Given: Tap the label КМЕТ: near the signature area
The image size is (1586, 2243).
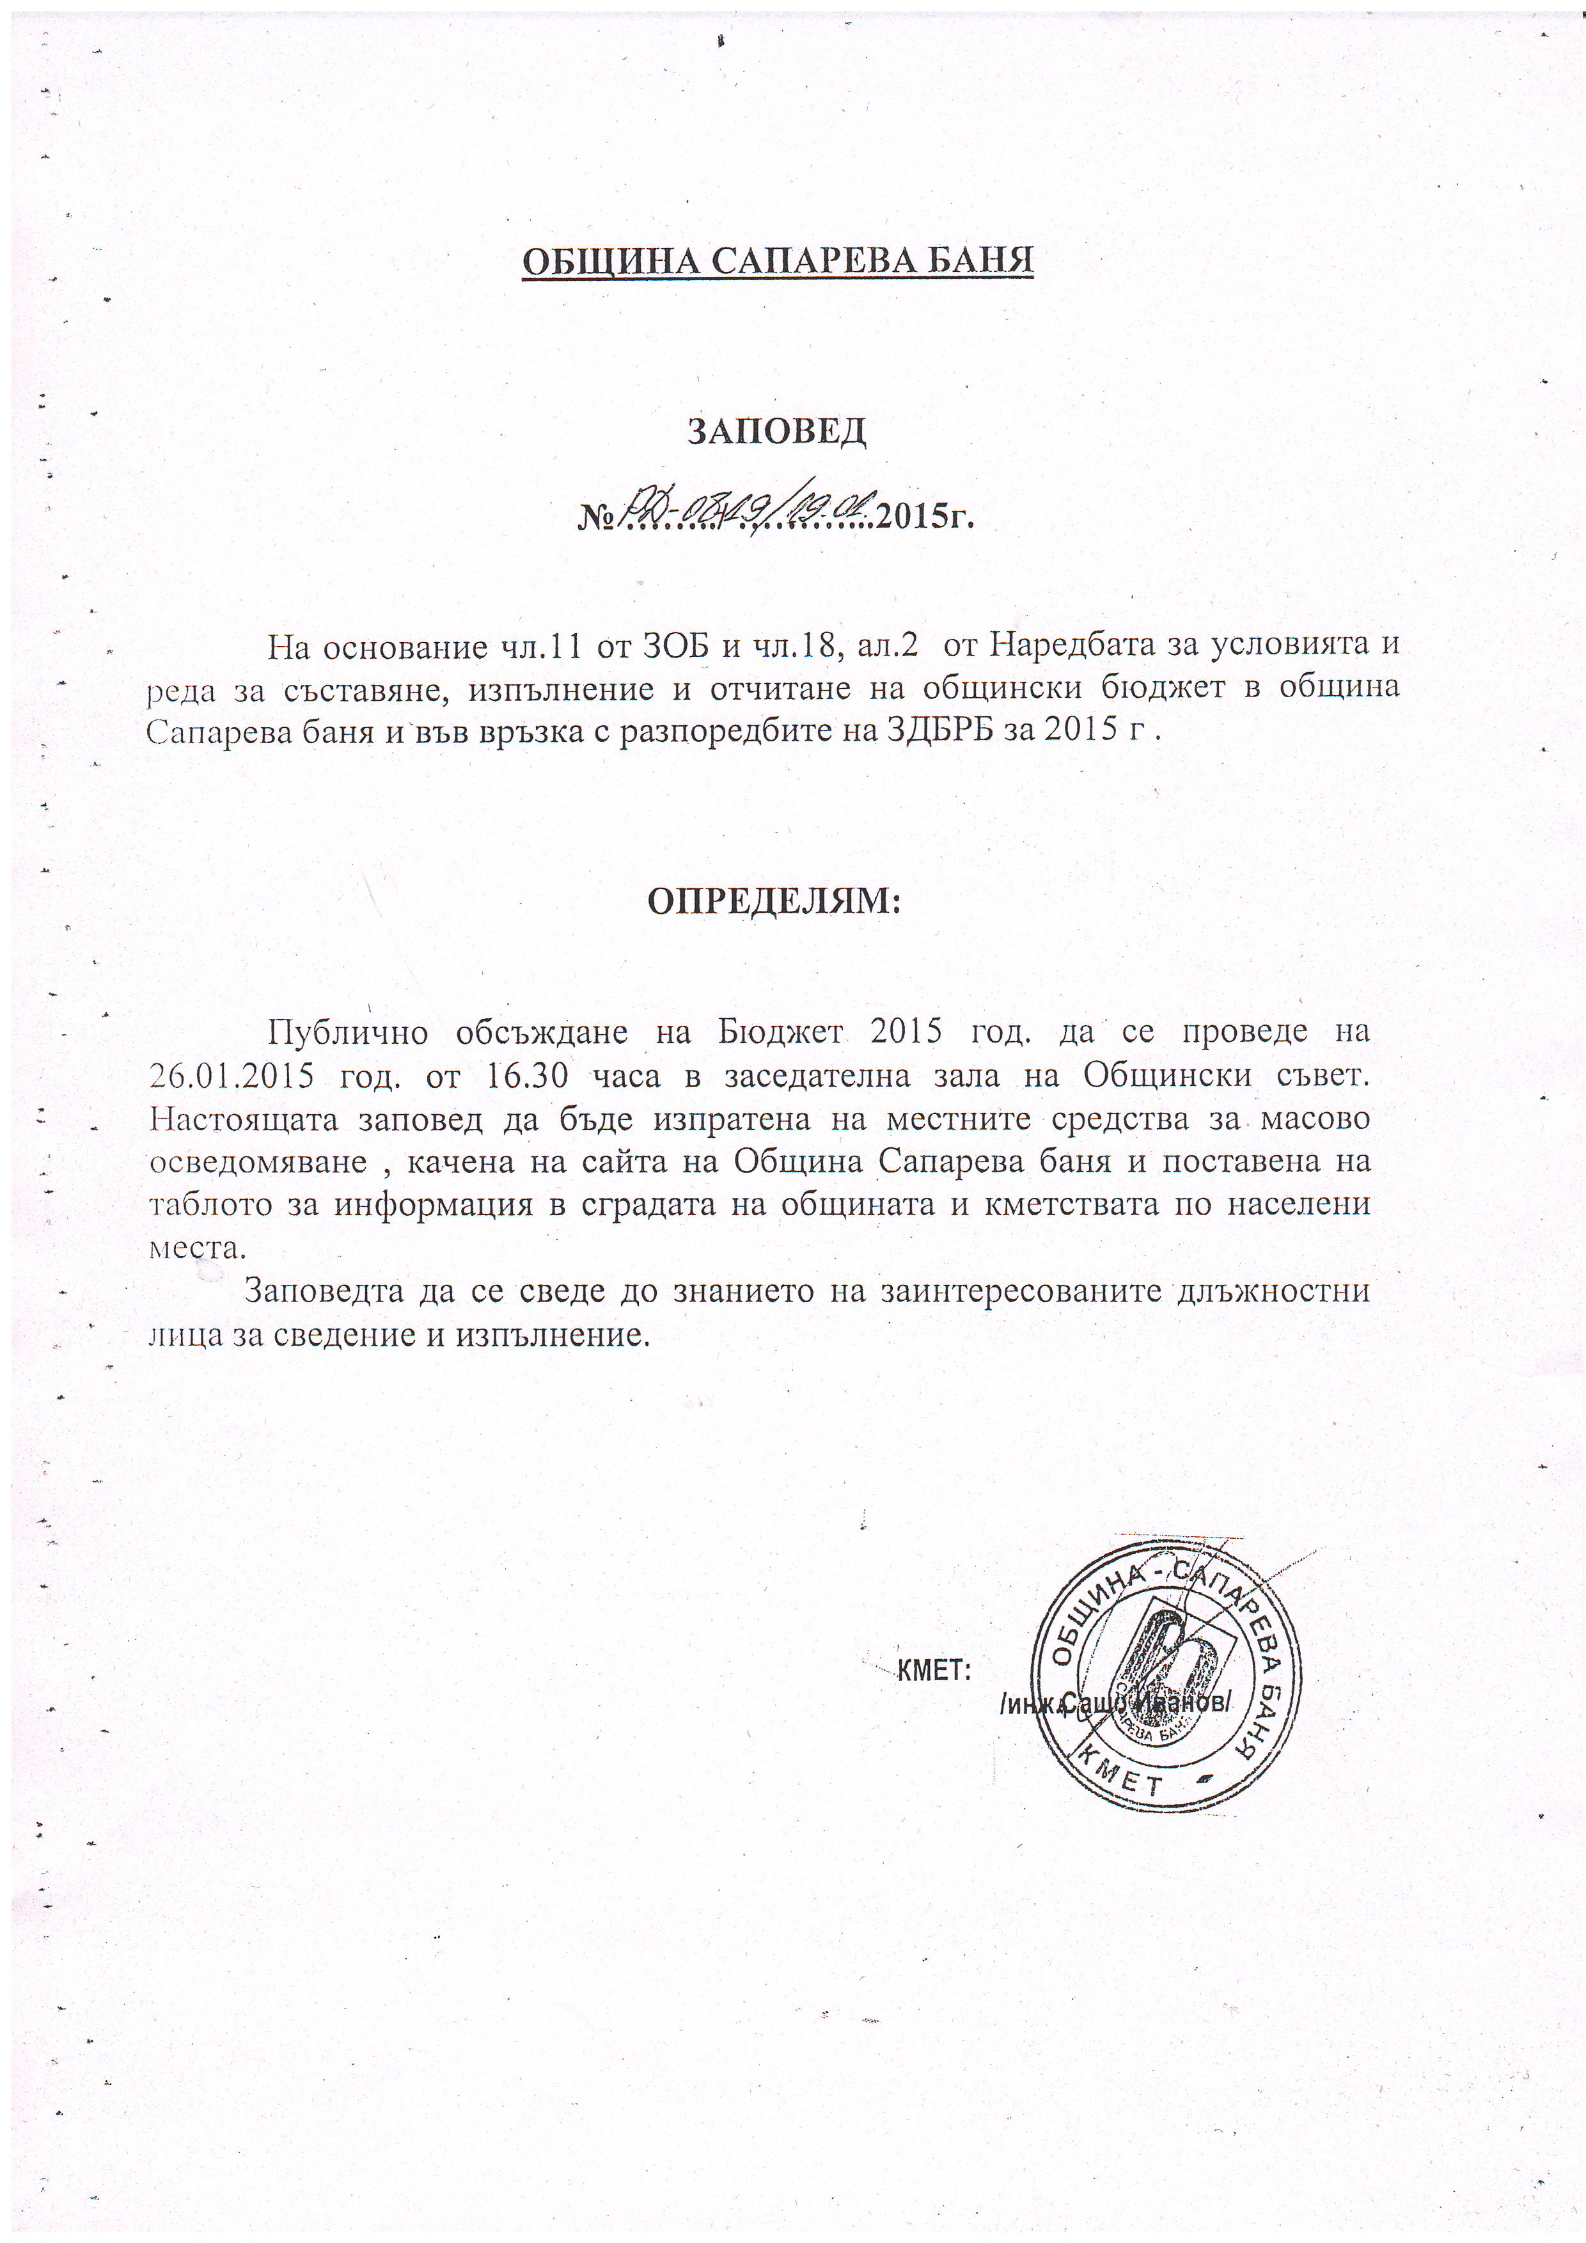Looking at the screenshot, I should point(932,1669).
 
